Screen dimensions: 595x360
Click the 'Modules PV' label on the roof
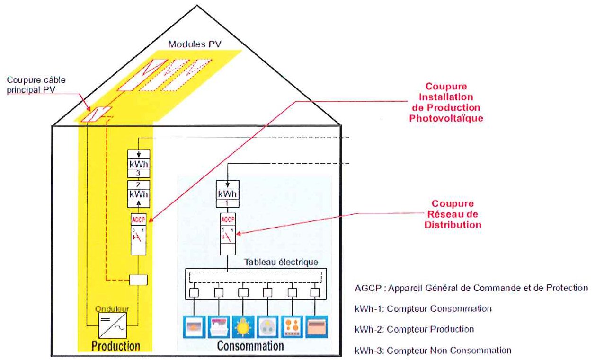pos(195,44)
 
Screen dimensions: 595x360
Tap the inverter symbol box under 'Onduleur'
pos(113,325)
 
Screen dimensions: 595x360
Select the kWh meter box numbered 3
pos(139,164)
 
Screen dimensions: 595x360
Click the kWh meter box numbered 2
pos(139,194)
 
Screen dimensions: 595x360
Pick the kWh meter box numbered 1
pos(228,194)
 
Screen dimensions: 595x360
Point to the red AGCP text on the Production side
pos(138,220)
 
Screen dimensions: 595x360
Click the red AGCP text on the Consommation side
pos(228,220)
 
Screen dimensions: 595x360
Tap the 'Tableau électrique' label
pos(281,262)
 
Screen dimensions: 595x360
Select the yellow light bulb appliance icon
pos(243,326)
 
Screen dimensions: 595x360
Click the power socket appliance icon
pos(267,326)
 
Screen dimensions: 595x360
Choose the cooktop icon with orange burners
pos(292,326)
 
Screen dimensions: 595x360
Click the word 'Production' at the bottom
pos(116,346)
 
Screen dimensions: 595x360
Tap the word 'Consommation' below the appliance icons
pos(250,346)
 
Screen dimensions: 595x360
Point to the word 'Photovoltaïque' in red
pos(446,118)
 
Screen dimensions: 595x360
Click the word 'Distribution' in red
pos(453,225)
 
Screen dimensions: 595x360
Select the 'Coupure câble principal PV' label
pos(36,85)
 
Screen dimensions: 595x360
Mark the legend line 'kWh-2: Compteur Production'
pos(414,329)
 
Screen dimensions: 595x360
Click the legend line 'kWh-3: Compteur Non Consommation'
pos(433,351)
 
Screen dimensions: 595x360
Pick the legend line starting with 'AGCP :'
pos(471,288)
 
